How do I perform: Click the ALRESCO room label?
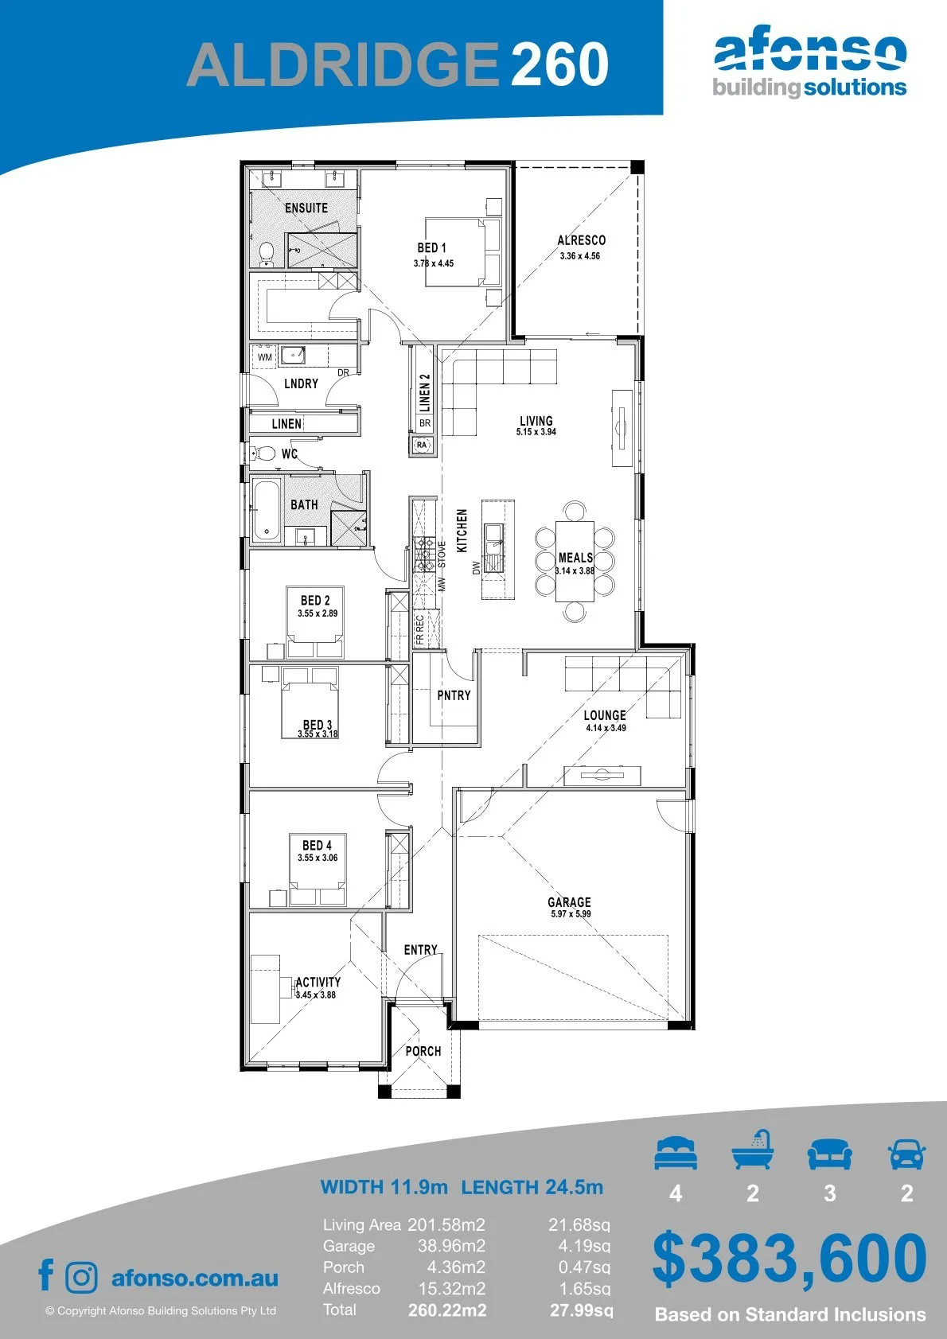coord(581,240)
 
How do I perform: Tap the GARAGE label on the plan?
coord(569,902)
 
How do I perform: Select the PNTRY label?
coord(454,695)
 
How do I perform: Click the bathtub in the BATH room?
coord(266,510)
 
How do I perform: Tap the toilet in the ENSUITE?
coord(266,254)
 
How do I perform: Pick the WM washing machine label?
coord(265,357)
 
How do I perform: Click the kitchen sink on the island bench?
coord(494,547)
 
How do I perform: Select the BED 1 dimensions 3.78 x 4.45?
coord(434,263)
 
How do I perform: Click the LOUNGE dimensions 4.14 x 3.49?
coord(606,727)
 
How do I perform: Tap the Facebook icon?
coord(46,1275)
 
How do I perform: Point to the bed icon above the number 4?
coord(676,1153)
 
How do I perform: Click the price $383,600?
coord(789,1259)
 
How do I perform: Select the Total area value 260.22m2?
coord(447,1310)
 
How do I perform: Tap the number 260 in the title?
coord(559,64)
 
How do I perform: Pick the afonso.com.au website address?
coord(195,1278)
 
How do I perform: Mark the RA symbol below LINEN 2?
coord(422,445)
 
